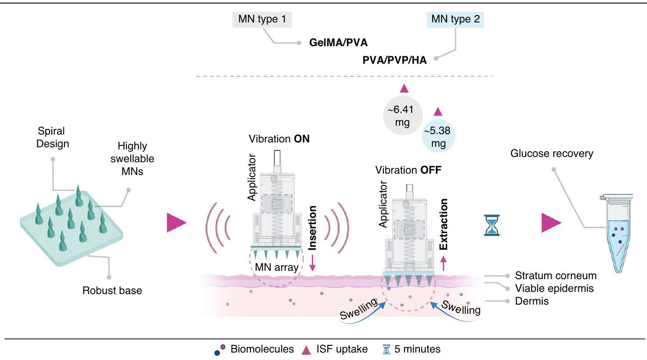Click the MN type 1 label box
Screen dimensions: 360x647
click(x=261, y=19)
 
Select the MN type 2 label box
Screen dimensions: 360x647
click(x=455, y=19)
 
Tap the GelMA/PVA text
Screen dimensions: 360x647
click(x=338, y=43)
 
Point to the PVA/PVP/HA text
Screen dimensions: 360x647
click(x=394, y=60)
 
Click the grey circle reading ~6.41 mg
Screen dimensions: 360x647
click(x=402, y=116)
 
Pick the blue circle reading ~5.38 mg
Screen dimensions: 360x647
click(x=438, y=137)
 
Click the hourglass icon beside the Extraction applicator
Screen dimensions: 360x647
click(x=492, y=225)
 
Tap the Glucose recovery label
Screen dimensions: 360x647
click(x=552, y=153)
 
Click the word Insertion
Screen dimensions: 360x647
click(x=312, y=228)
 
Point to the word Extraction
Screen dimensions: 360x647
click(x=444, y=224)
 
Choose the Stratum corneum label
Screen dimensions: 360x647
click(x=556, y=276)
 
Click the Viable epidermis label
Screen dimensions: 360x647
click(x=554, y=288)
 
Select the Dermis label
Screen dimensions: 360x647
click(x=532, y=301)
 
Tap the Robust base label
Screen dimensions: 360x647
click(x=112, y=291)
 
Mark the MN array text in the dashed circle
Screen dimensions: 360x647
click(x=277, y=267)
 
